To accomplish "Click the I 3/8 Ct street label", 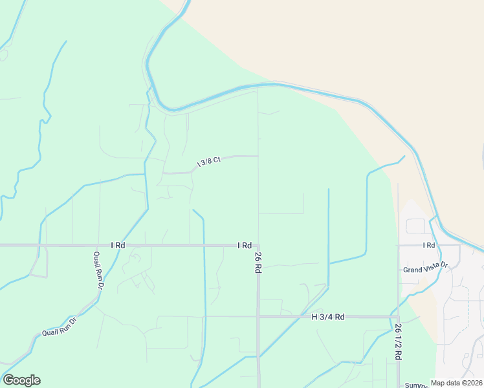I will [209, 161].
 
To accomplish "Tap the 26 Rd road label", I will [258, 259].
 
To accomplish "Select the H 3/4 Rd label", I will [328, 317].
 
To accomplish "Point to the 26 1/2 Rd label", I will [397, 341].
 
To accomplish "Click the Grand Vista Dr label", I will [425, 270].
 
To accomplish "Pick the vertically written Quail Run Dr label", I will [98, 270].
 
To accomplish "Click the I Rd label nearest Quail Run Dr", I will [117, 245].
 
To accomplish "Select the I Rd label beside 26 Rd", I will [244, 245].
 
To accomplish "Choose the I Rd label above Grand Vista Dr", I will [428, 245].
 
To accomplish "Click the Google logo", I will [21, 380].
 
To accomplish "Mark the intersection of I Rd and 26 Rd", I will [258, 246].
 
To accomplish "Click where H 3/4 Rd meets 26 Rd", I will [258, 317].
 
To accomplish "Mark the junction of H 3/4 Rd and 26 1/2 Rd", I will [398, 317].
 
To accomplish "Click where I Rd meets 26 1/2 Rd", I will [398, 246].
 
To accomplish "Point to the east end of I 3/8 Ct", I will [258, 156].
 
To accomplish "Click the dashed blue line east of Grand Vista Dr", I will [468, 310].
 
